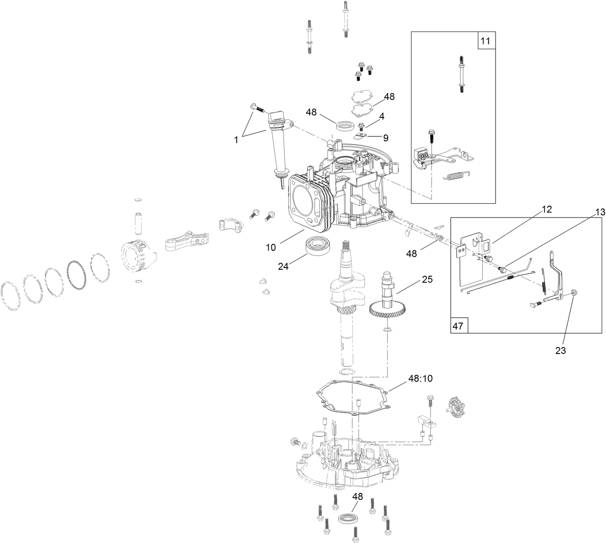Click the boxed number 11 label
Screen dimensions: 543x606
485,41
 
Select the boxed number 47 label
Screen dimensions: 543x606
458,325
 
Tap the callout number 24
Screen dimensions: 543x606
283,267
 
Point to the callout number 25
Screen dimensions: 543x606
427,280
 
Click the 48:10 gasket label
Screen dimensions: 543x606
421,379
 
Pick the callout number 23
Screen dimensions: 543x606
560,350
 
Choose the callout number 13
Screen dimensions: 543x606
600,212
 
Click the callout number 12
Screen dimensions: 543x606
547,209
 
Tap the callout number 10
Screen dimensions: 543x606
270,247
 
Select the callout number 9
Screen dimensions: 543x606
386,138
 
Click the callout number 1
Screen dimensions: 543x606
236,139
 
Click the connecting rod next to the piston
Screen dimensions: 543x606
186,242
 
